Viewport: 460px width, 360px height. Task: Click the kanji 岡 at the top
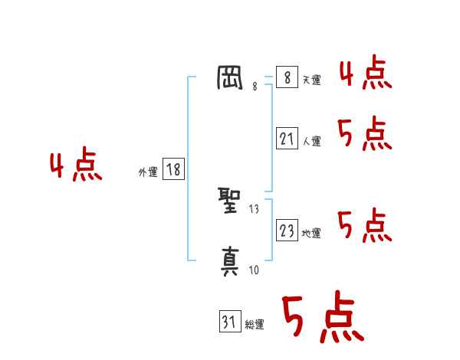231,79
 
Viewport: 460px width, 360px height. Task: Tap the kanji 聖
231,203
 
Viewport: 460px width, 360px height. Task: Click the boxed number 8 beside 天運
287,77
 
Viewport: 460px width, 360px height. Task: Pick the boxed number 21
287,139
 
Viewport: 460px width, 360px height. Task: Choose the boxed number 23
287,231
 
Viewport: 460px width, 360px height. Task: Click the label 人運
311,141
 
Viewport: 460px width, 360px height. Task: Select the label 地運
311,233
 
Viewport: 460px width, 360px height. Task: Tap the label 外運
148,172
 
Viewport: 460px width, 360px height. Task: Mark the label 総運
255,325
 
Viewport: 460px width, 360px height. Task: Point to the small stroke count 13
255,209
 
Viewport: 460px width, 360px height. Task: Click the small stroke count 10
254,269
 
